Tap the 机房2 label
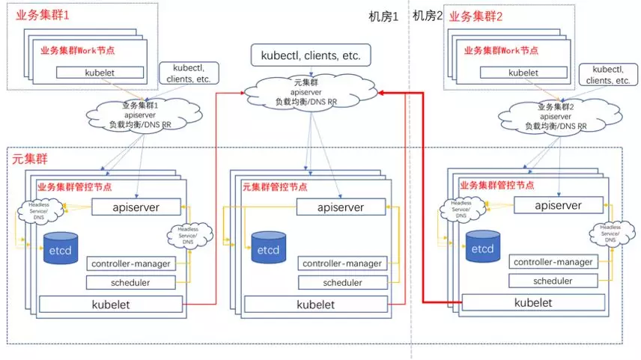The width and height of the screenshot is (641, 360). pyautogui.click(x=428, y=16)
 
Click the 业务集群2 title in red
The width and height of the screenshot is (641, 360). pyautogui.click(x=476, y=15)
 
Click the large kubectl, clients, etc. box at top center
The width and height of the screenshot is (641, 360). pyautogui.click(x=310, y=55)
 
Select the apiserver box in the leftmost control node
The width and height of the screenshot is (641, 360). pyautogui.click(x=136, y=207)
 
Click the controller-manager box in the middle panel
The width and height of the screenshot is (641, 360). pyautogui.click(x=342, y=263)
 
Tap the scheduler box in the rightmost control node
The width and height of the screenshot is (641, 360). pyautogui.click(x=553, y=281)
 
